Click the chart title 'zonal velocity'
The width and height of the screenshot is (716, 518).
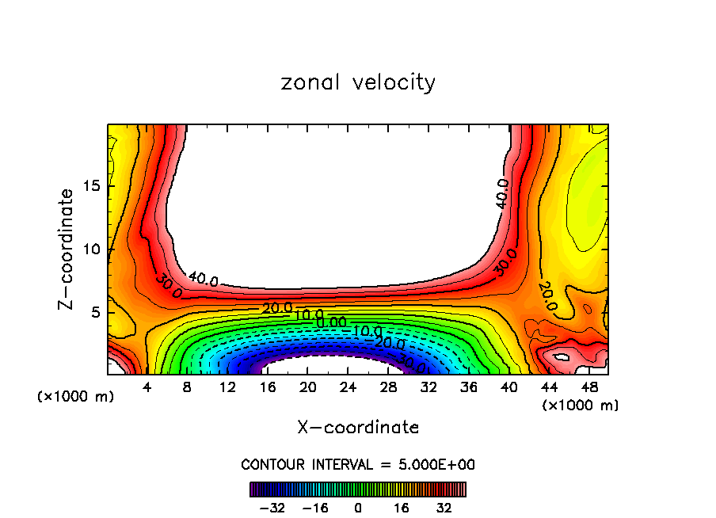(x=358, y=82)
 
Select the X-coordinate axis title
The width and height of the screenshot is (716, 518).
(x=358, y=428)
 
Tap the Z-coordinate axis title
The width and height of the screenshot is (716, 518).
(x=67, y=249)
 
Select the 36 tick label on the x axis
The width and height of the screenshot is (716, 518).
(x=469, y=387)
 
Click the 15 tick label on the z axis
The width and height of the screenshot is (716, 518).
(x=92, y=186)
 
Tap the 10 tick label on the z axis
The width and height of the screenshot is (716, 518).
(x=92, y=249)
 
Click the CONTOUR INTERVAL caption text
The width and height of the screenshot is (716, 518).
(x=358, y=464)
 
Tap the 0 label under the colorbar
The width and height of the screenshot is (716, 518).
(x=358, y=507)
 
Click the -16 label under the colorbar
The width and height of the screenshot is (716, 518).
(x=314, y=507)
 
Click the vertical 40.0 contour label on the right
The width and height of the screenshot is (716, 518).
(x=502, y=194)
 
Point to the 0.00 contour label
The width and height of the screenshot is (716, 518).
(x=331, y=322)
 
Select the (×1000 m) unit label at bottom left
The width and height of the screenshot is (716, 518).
(x=76, y=397)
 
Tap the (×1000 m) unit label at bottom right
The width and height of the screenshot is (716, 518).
(x=581, y=406)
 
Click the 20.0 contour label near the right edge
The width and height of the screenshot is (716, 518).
(x=547, y=296)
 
